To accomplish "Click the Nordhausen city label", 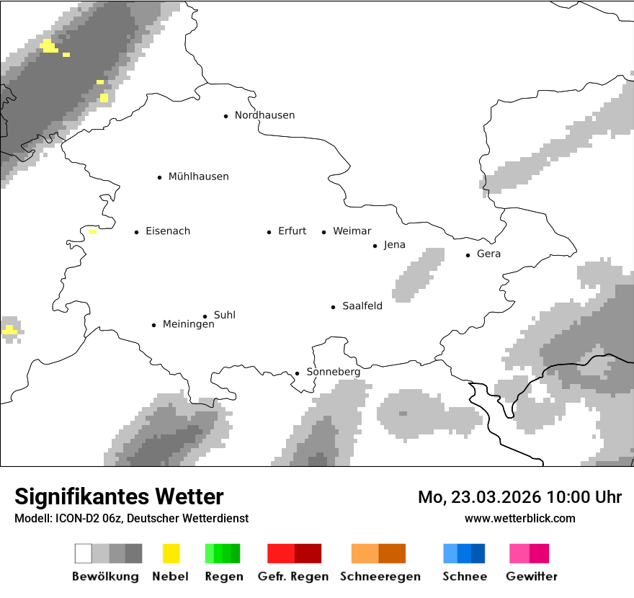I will (x=264, y=115).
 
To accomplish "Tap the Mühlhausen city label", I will (x=198, y=177).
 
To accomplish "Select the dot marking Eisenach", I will (x=136, y=232).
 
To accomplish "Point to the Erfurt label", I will (x=292, y=231).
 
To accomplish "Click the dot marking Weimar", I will (x=323, y=232).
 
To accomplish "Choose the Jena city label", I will (x=394, y=245).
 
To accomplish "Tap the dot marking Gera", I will (x=468, y=255).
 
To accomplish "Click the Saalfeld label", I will (x=362, y=306).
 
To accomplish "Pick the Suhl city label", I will (x=225, y=315).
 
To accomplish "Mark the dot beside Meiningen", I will (x=153, y=325).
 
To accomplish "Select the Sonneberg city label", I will (x=333, y=372).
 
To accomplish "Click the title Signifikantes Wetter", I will (x=119, y=496).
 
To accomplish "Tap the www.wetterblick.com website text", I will (x=519, y=518).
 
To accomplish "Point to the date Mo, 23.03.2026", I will (x=479, y=497).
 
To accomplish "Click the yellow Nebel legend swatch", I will (x=171, y=553).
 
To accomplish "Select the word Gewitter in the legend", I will (x=532, y=576).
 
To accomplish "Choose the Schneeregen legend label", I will (x=380, y=576).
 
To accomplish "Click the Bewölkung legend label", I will (x=105, y=576).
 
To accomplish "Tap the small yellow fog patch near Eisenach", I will (x=92, y=232).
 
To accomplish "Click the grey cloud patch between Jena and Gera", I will (x=419, y=275).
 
